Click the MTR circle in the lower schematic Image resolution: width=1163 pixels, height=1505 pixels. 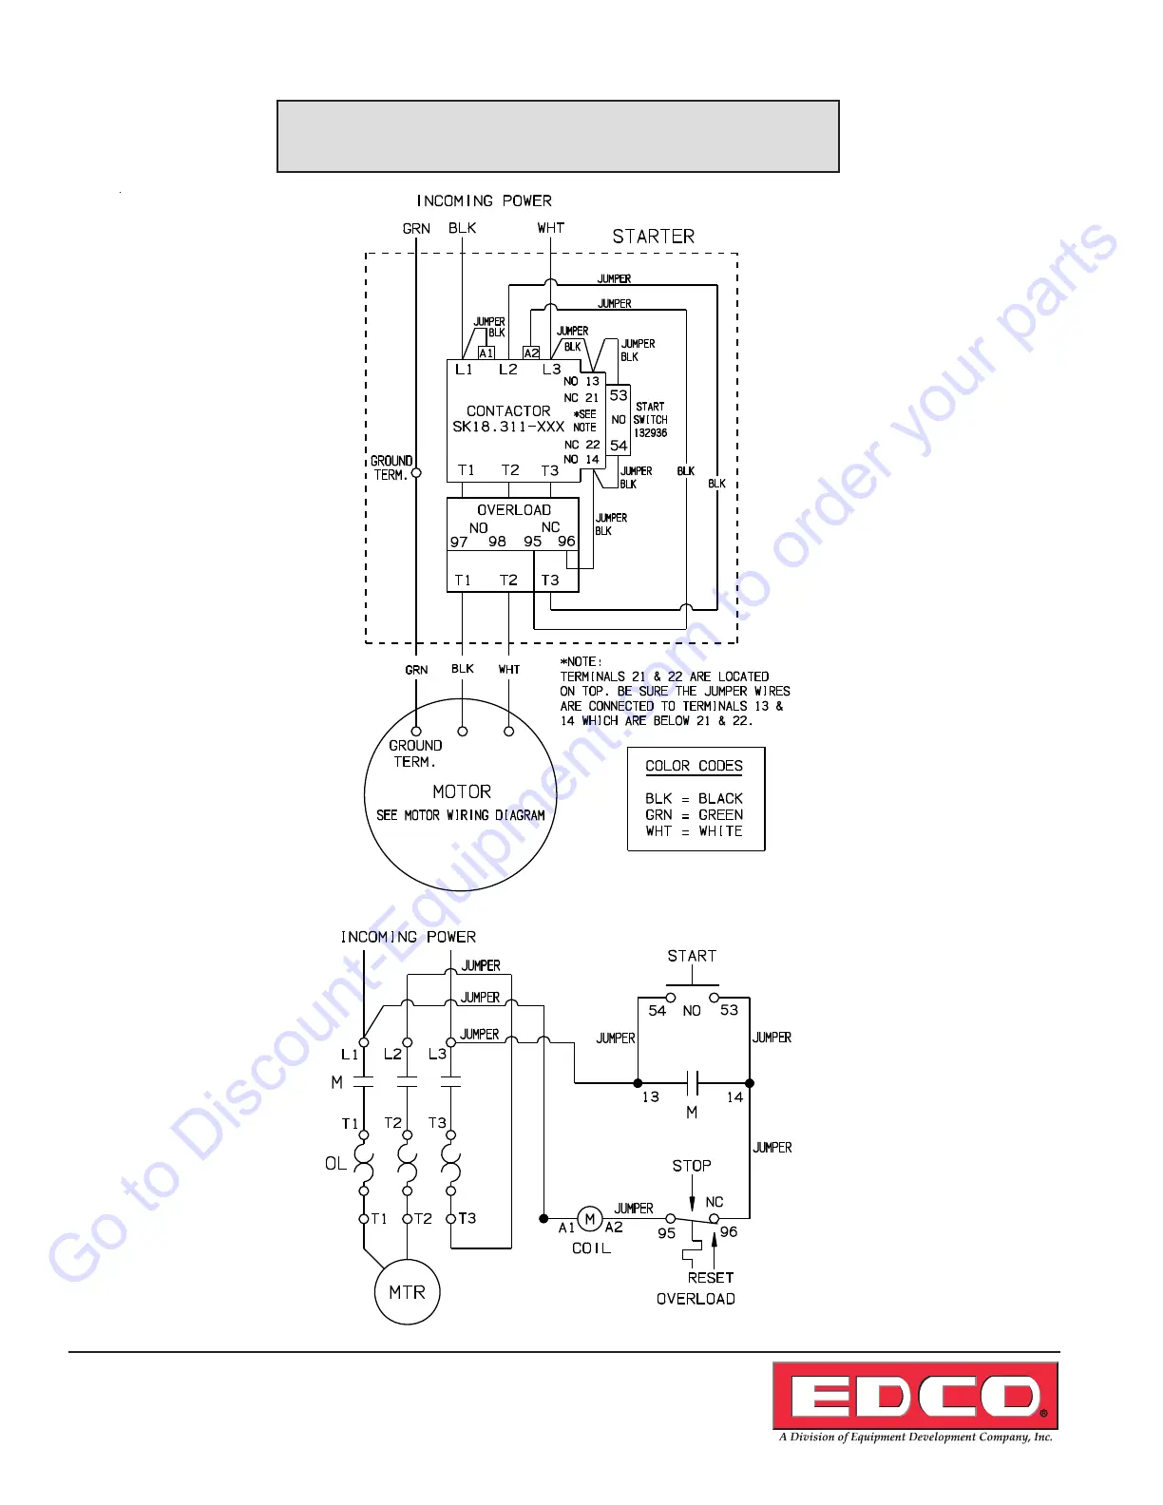tap(407, 1292)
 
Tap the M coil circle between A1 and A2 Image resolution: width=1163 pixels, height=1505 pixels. tap(589, 1219)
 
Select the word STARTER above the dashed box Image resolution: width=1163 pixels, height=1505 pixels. tap(653, 237)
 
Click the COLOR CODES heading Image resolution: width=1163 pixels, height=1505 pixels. tap(694, 766)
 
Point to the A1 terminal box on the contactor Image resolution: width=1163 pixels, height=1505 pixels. tap(486, 352)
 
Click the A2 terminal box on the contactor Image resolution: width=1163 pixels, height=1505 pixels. tap(531, 352)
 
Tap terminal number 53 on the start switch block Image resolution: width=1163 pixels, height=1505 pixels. tap(619, 395)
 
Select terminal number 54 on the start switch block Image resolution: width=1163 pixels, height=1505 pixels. tap(619, 445)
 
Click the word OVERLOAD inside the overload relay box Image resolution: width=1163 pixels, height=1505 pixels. tap(514, 510)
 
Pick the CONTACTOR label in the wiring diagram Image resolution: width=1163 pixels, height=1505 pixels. tap(508, 411)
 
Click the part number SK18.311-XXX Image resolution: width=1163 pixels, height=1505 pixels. tap(508, 427)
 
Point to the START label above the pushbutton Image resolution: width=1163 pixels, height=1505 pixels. tap(692, 956)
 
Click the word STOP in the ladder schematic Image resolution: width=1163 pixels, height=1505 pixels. tap(692, 1166)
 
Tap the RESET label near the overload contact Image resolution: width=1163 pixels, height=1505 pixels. tap(711, 1278)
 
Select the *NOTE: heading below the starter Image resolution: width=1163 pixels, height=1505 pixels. tap(581, 661)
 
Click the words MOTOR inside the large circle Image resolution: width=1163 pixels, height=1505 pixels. tap(462, 791)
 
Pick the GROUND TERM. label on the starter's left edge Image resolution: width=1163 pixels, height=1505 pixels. tap(391, 467)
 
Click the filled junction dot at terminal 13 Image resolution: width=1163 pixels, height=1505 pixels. tap(638, 1083)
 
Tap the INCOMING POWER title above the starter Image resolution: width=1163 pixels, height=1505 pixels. tap(484, 201)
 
